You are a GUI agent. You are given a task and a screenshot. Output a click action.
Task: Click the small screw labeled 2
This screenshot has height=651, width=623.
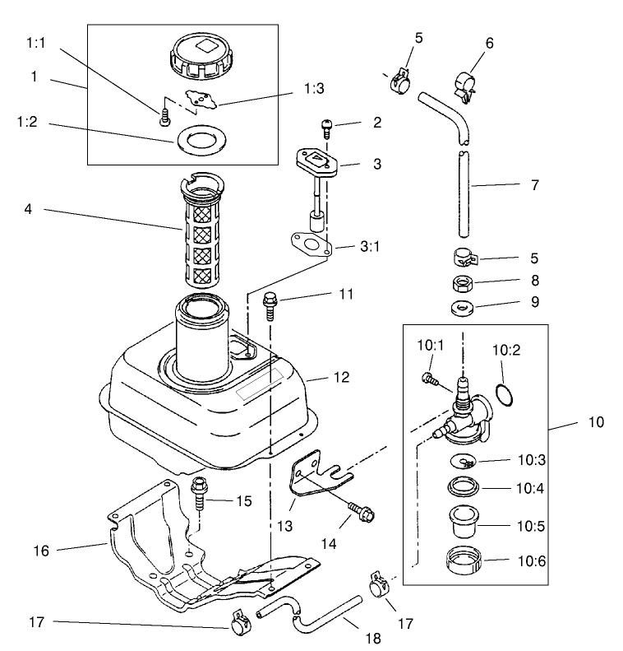point(326,127)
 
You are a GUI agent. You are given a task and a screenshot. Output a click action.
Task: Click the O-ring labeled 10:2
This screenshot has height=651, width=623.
point(507,393)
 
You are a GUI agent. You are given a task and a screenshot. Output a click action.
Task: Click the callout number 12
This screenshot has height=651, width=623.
point(341,378)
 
